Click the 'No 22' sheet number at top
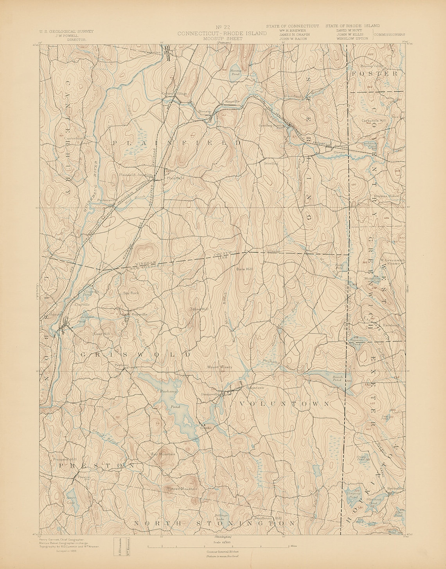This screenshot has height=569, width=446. [x=222, y=27]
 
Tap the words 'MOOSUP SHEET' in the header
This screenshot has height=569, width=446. [x=222, y=39]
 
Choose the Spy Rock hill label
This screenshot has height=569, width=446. [x=128, y=293]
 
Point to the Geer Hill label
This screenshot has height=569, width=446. [x=102, y=334]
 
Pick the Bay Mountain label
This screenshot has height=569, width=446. [x=163, y=454]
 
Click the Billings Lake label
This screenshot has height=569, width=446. [x=221, y=517]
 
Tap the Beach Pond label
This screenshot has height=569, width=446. [x=338, y=378]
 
